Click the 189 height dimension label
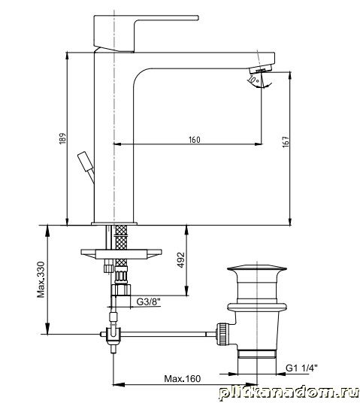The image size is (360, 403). click(x=63, y=138)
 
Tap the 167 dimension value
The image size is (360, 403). click(x=286, y=142)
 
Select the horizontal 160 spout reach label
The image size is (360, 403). click(x=194, y=140)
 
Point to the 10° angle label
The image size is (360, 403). click(x=254, y=80)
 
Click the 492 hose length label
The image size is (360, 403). click(x=181, y=260)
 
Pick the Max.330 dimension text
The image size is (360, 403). click(x=41, y=280)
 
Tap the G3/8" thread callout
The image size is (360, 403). click(x=149, y=301)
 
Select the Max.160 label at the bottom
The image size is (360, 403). click(x=182, y=379)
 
